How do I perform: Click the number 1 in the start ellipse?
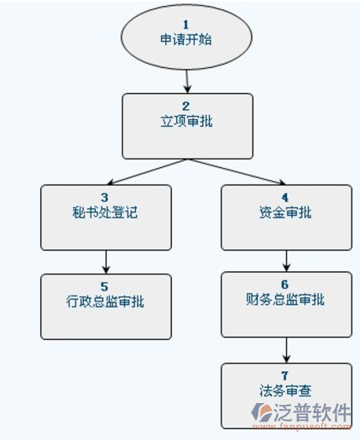tap(185, 24)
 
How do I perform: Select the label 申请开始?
tap(186, 39)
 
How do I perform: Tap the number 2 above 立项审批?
tap(186, 106)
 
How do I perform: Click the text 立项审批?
tap(187, 121)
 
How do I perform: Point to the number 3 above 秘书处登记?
tap(105, 197)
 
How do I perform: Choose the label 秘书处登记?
tap(105, 212)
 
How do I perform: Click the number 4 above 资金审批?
tap(284, 197)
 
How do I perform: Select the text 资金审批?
tap(285, 212)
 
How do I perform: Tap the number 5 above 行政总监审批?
tap(104, 287)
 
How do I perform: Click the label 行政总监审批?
tap(105, 301)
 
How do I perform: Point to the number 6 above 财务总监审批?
tap(284, 285)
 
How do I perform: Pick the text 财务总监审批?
tap(285, 300)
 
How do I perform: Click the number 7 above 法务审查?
tap(284, 375)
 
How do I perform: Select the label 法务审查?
tap(285, 390)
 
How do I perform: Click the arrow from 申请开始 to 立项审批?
tap(187, 81)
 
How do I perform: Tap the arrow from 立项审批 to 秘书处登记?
tap(147, 172)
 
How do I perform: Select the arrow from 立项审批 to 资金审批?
tap(237, 172)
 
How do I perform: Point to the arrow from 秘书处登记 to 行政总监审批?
tap(106, 262)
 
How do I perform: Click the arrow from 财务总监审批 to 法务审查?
tap(286, 350)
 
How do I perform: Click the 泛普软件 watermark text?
tap(312, 412)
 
